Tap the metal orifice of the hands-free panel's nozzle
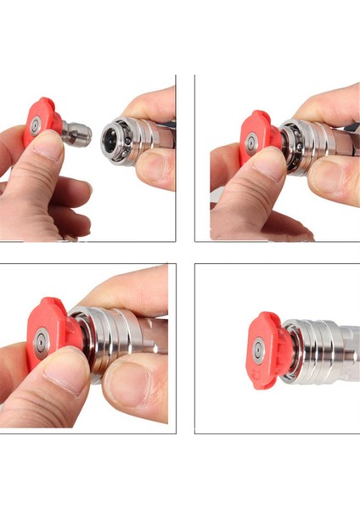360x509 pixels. point(257,349)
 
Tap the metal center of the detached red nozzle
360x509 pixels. point(36,126)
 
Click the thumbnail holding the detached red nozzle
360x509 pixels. point(50,149)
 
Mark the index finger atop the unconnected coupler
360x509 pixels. point(149,106)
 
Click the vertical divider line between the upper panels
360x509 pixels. point(194,157)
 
